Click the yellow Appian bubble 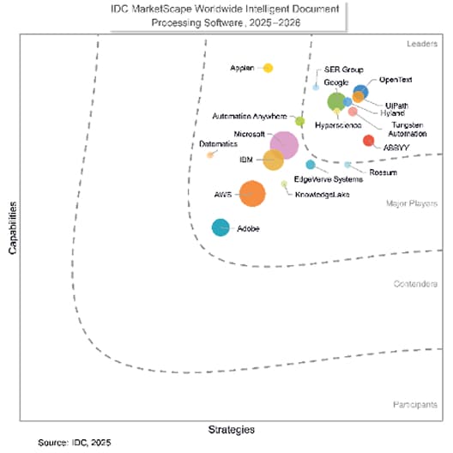pos(268,68)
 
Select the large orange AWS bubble pos(251,194)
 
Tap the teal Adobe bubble pos(220,228)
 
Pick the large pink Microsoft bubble pos(283,144)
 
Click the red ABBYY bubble pos(368,141)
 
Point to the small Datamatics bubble pos(210,155)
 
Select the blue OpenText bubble pos(361,92)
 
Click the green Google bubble pos(336,101)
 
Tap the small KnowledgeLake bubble pos(285,184)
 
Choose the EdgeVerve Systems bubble pos(311,165)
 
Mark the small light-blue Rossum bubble pos(347,164)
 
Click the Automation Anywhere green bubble pos(299,121)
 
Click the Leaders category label pos(422,43)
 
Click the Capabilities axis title pos(11,228)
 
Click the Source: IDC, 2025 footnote pos(75,443)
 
